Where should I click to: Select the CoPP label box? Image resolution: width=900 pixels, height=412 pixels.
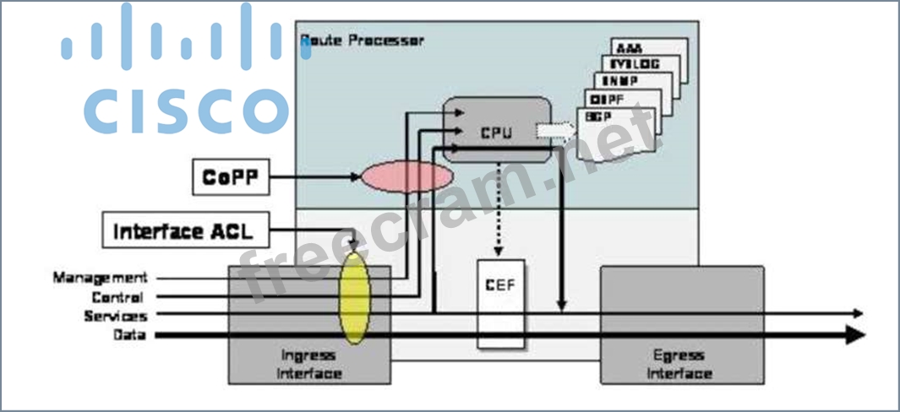pos(231,177)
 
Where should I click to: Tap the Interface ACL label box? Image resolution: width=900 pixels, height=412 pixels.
pos(188,230)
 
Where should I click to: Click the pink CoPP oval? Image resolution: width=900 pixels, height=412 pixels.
pos(405,177)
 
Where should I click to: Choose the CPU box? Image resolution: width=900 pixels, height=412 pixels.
pos(498,131)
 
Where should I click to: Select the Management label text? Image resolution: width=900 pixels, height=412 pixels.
pos(100,278)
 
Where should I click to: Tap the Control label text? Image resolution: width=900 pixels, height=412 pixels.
pos(117,297)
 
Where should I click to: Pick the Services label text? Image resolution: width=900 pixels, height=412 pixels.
pos(115,316)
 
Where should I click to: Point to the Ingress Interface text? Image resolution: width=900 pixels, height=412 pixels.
pos(309,364)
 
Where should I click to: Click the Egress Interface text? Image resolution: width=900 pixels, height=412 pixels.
pos(682,364)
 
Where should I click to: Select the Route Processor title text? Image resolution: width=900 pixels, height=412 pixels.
pos(363,40)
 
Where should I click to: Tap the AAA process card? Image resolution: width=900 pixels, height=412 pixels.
pos(649,48)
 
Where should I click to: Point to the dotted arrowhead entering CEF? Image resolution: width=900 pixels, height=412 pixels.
pos(499,252)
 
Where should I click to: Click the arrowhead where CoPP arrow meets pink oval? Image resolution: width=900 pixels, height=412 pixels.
pos(356,177)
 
